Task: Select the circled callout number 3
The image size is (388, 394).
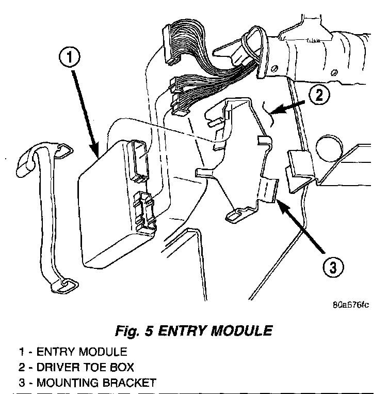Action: tap(332, 267)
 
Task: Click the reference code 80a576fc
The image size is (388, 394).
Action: tap(351, 304)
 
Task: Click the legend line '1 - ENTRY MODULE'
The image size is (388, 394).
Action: tap(73, 353)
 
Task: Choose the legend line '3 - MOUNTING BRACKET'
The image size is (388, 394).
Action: tap(87, 383)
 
